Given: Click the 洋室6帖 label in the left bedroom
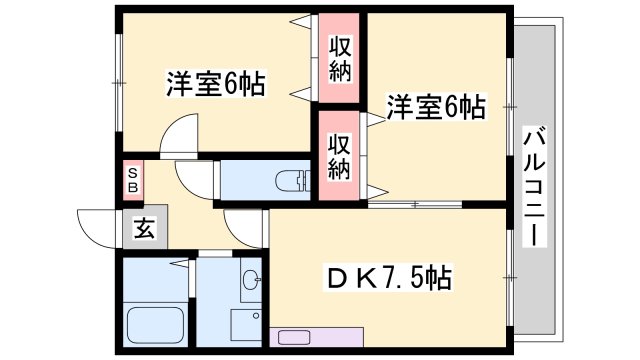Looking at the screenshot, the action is pyautogui.click(x=215, y=84).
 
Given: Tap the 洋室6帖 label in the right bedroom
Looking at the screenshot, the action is pyautogui.click(x=436, y=107).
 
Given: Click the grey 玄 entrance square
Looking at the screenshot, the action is pyautogui.click(x=143, y=229).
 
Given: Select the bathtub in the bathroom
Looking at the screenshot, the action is pyautogui.click(x=154, y=324).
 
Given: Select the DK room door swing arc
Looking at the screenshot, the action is pyautogui.click(x=245, y=228).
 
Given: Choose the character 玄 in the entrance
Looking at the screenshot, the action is pyautogui.click(x=143, y=229).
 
